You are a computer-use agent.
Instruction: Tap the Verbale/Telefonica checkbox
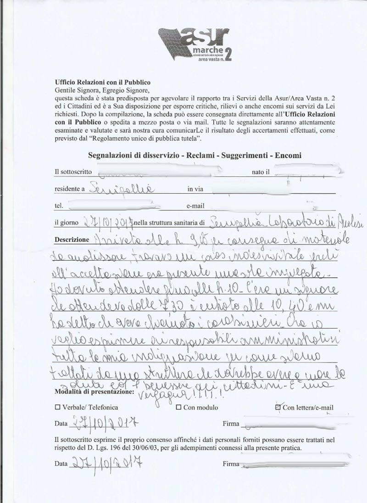[57, 407]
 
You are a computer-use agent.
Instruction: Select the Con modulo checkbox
[178, 407]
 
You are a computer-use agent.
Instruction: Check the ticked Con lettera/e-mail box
[278, 407]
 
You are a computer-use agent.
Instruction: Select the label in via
[195, 189]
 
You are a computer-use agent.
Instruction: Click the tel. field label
[59, 206]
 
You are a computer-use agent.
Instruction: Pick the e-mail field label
[195, 206]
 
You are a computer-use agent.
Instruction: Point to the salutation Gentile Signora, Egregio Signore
[102, 90]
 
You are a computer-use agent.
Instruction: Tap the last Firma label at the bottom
[231, 464]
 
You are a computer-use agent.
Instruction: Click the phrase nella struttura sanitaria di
[170, 223]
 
